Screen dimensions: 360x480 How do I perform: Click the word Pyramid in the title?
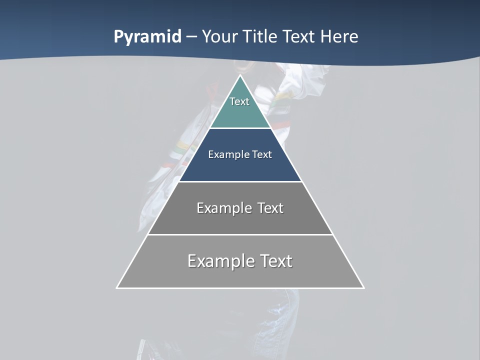[x=147, y=37]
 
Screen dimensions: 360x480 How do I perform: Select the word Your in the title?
[x=218, y=37]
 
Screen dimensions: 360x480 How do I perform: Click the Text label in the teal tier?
[x=239, y=101]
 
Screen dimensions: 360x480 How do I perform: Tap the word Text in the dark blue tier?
[x=262, y=154]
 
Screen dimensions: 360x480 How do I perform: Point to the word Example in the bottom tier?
[x=220, y=261]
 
